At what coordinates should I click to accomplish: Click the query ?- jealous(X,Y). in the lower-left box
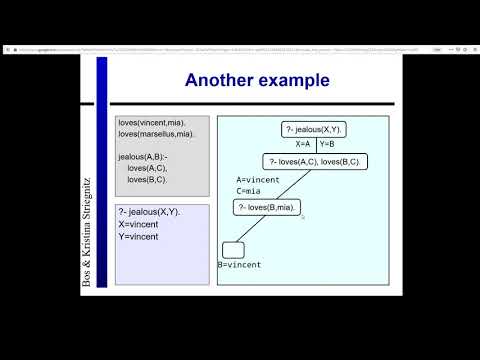[x=149, y=213]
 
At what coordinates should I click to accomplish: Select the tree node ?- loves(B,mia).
[x=267, y=207]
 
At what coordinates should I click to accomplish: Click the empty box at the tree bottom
[x=234, y=249]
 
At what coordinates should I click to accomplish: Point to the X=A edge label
[x=303, y=145]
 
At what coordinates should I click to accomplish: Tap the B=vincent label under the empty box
[x=241, y=265]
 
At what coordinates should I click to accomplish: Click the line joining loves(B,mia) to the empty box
[x=247, y=229]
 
